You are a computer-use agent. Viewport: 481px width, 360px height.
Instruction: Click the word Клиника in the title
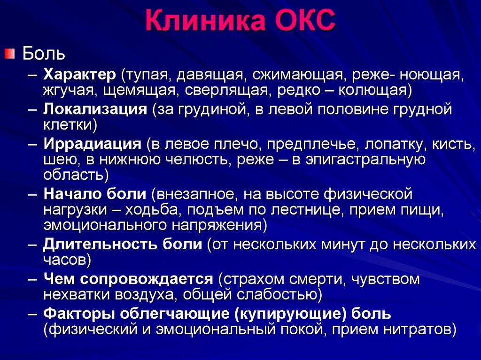pos(205,20)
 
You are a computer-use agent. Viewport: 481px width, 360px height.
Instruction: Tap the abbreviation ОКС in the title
pos(305,20)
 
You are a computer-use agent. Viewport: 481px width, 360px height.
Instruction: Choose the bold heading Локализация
pos(95,109)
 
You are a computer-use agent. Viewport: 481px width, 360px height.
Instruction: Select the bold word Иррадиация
pos(93,144)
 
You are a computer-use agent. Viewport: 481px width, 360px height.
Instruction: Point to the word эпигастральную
pos(365,160)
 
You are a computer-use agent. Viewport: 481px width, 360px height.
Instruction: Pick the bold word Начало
pos(72,194)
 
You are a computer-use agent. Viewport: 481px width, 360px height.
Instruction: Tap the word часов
pos(65,260)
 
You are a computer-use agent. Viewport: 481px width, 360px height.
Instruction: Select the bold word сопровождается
pos(147,279)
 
